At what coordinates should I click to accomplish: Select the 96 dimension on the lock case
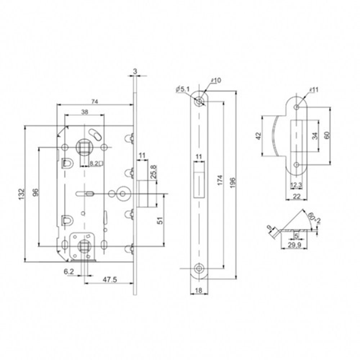coord(35,194)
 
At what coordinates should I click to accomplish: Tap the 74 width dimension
coord(94,102)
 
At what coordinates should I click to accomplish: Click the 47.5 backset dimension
coord(107,279)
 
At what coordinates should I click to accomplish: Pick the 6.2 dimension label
coord(69,273)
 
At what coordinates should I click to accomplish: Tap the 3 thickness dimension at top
coord(135,72)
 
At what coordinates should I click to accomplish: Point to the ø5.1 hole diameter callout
coord(183,89)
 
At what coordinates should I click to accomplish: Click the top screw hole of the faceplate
coord(199,102)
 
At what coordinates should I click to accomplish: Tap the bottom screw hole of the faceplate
coord(199,268)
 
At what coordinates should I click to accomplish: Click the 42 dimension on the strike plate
coord(258,136)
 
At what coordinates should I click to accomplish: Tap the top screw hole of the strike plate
coord(297,107)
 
